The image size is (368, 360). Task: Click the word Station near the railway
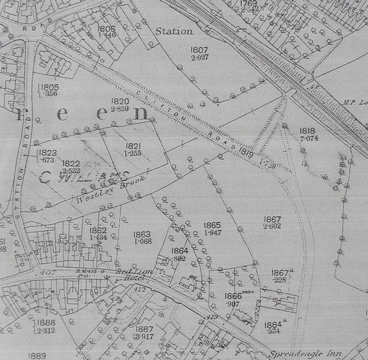[174, 31]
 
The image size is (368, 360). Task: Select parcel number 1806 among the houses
[107, 29]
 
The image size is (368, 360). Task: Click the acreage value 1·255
[134, 154]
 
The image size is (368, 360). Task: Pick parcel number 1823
[48, 153]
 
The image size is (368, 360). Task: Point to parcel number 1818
[308, 130]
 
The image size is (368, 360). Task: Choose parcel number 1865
[213, 225]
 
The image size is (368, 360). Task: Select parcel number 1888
[46, 323]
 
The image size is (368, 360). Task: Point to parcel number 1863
[142, 234]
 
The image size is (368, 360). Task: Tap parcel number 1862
[97, 230]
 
